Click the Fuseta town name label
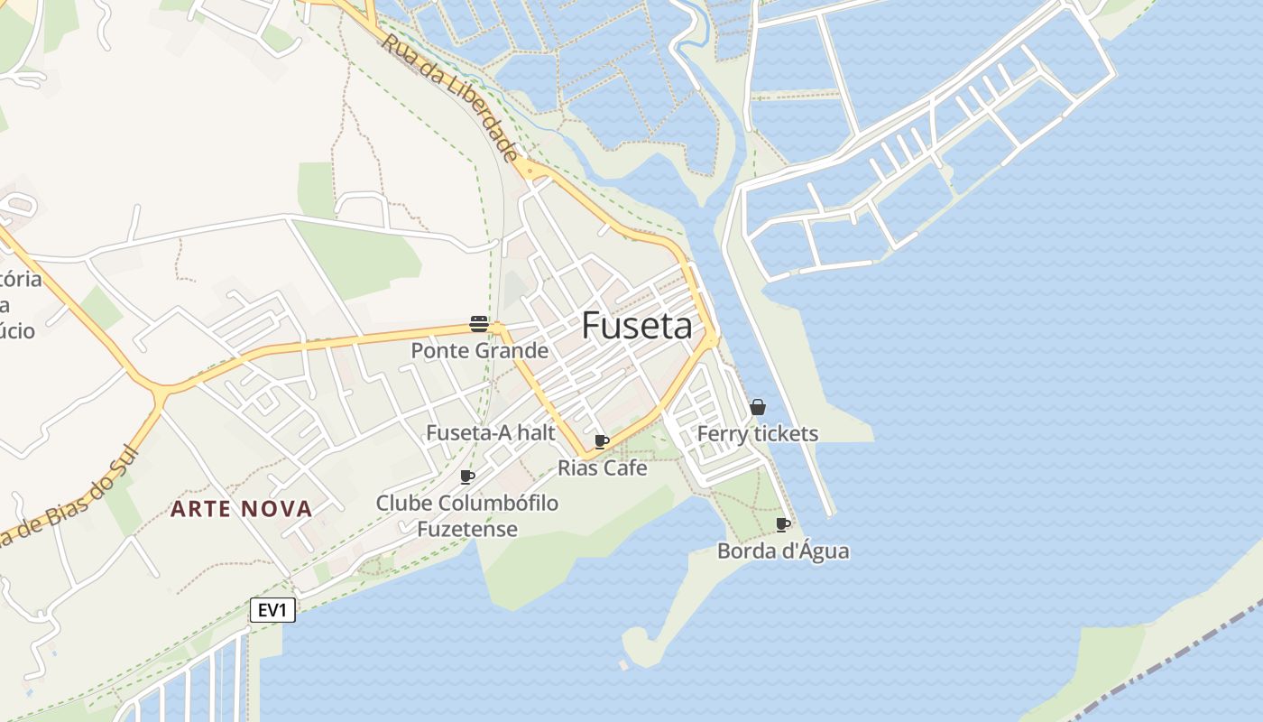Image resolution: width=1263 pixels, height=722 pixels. click(x=637, y=326)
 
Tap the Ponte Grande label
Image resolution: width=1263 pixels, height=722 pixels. click(x=479, y=350)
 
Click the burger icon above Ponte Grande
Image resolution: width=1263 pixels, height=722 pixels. click(x=479, y=324)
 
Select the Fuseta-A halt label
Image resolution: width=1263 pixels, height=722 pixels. click(x=491, y=433)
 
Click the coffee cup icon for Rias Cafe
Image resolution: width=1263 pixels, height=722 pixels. click(x=602, y=441)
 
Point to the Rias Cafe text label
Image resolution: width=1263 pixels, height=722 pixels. click(x=602, y=467)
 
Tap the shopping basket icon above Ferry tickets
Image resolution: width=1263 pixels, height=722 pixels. click(x=758, y=407)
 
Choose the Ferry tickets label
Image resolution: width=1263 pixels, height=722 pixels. click(x=758, y=434)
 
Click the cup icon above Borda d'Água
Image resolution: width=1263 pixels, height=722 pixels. click(x=783, y=524)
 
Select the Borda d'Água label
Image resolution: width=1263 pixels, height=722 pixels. click(x=783, y=551)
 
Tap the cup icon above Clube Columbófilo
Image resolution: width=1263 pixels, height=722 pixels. click(x=466, y=477)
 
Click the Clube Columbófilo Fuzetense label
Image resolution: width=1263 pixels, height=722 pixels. click(x=467, y=515)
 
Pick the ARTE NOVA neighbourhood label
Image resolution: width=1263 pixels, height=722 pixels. click(x=242, y=509)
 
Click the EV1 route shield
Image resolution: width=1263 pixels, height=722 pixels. click(x=272, y=610)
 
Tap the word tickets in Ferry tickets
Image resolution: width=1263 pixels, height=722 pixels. click(x=787, y=434)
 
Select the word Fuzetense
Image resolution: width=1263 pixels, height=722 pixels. click(x=467, y=529)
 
